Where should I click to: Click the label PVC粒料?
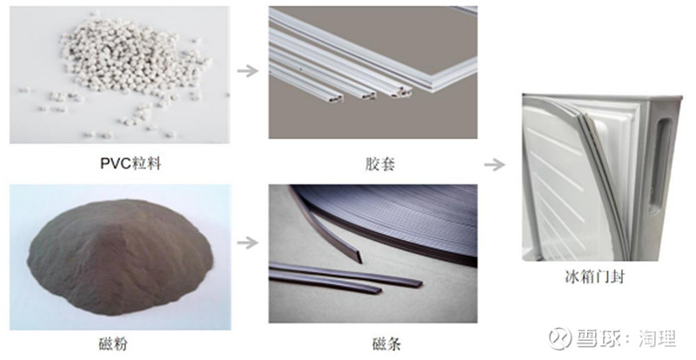(x=130, y=163)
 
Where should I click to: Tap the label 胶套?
(x=380, y=164)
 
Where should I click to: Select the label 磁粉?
(x=113, y=343)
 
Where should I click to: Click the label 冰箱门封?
(x=594, y=277)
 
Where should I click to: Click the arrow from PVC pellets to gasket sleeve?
(x=248, y=70)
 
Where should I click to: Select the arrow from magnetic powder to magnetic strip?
(x=248, y=243)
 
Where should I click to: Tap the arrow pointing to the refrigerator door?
(x=494, y=164)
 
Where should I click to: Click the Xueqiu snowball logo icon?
(x=559, y=338)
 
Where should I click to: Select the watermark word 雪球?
(x=595, y=338)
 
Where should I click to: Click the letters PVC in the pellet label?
(x=116, y=163)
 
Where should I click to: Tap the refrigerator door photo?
(x=601, y=177)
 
